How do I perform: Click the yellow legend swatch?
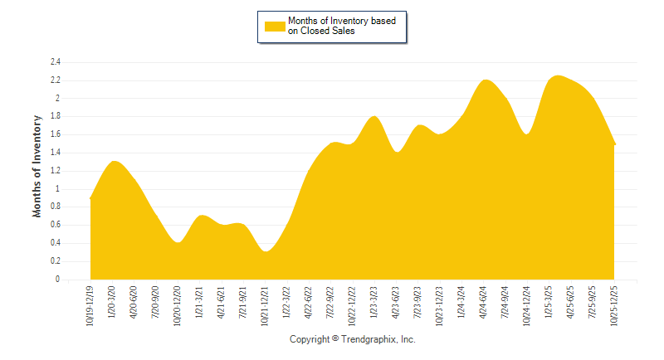[275, 26]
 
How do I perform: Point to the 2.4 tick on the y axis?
[56, 62]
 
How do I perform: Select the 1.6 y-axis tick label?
[56, 134]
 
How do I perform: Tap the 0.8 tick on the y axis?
[56, 207]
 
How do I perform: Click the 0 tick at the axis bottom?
[58, 280]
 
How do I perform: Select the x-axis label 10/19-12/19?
[90, 306]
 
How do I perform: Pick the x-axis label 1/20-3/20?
[111, 304]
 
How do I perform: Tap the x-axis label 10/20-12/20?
[177, 306]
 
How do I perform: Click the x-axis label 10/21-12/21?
[265, 306]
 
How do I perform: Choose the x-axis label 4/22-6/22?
[309, 304]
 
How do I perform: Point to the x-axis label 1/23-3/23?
[373, 304]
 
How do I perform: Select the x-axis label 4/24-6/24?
[483, 304]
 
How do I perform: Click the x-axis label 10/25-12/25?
[614, 306]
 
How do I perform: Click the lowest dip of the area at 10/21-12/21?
[265, 251]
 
